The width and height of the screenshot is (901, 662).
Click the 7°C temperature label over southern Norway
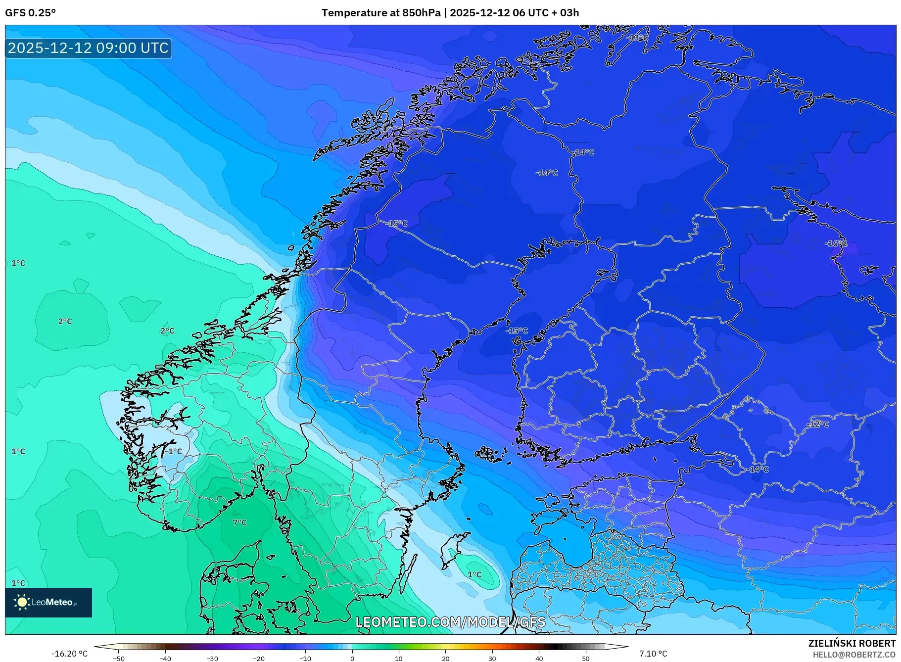coord(239,522)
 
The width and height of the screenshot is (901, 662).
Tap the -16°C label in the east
coord(836,243)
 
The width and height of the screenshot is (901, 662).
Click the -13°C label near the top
coord(637,38)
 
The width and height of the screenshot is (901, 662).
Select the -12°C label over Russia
coord(818,424)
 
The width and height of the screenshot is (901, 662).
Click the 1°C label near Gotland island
coord(474,574)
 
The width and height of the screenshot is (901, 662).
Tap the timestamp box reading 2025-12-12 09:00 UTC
coord(89,48)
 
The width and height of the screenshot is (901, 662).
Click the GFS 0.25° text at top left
coord(31,13)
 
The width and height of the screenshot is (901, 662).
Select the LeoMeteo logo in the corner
coord(48,602)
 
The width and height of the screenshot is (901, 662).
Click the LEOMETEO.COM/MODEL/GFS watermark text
coord(450,622)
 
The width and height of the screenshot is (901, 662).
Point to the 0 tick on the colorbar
coord(352,659)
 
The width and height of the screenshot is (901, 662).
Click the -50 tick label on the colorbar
coord(119,659)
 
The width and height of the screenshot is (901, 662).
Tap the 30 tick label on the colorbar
coord(492,659)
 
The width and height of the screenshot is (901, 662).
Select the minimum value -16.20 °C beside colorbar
coord(70,654)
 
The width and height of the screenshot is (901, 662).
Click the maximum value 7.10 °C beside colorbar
coord(653,654)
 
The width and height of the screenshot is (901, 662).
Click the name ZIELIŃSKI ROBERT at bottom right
coord(852,643)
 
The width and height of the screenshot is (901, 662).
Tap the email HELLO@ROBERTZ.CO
coord(854,655)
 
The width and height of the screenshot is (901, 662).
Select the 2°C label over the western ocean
coord(65,321)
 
